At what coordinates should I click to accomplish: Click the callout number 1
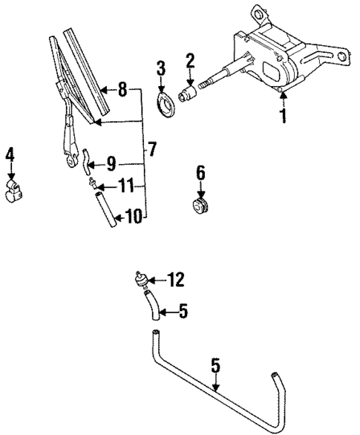click(282, 117)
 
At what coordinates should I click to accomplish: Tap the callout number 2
click(191, 60)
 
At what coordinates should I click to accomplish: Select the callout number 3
click(160, 71)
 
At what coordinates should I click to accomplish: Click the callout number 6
click(199, 174)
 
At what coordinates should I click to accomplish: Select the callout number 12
click(175, 280)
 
